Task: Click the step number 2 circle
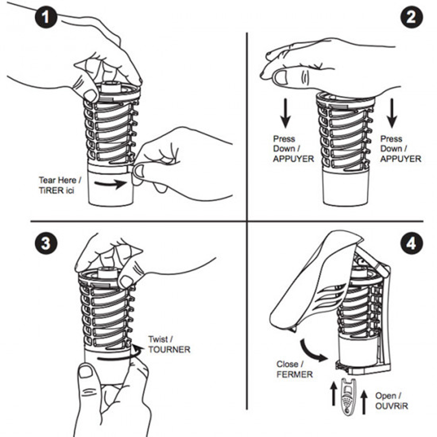[411, 17]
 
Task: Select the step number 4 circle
[411, 243]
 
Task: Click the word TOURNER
[169, 349]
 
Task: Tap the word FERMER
[294, 374]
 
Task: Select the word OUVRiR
[391, 406]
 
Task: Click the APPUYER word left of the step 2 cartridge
[293, 159]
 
